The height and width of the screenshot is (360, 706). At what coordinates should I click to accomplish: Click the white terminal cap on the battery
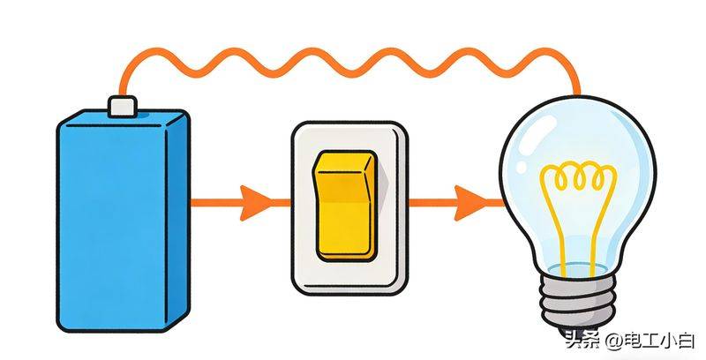(123, 107)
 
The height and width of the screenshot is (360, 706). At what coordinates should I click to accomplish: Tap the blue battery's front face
(112, 226)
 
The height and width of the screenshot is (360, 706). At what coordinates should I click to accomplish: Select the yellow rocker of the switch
(346, 206)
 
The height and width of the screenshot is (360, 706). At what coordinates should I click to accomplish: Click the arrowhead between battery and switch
(255, 203)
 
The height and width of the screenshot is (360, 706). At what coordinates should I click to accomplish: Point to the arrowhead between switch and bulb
(470, 203)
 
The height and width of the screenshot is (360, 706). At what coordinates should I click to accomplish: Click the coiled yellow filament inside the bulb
(579, 176)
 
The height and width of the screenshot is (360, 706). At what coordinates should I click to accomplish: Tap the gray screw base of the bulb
(578, 299)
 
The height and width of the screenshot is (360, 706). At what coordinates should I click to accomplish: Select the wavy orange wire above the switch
(347, 63)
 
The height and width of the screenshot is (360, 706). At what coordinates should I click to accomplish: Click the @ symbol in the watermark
(613, 342)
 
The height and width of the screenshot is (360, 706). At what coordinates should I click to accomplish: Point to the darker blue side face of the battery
(178, 221)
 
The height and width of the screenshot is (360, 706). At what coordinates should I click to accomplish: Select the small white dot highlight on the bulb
(522, 167)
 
